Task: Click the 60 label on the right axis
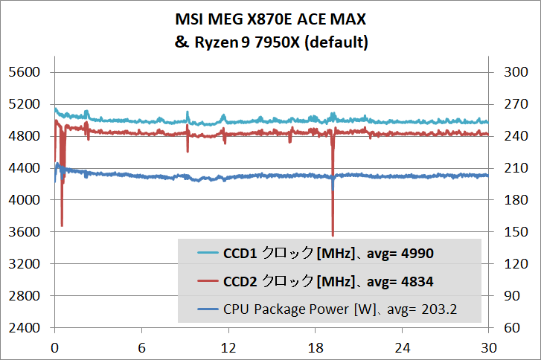pos(510,328)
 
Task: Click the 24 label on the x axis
pos(402,347)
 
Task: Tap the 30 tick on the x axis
pos(488,347)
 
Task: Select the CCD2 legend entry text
pos(328,282)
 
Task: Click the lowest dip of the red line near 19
pos(333,234)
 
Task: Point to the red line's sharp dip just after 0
pos(62,225)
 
